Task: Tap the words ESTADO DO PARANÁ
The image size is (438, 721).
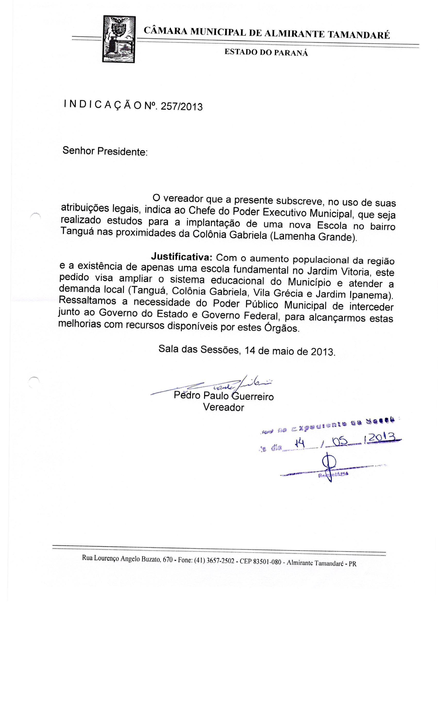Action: pos(266,53)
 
